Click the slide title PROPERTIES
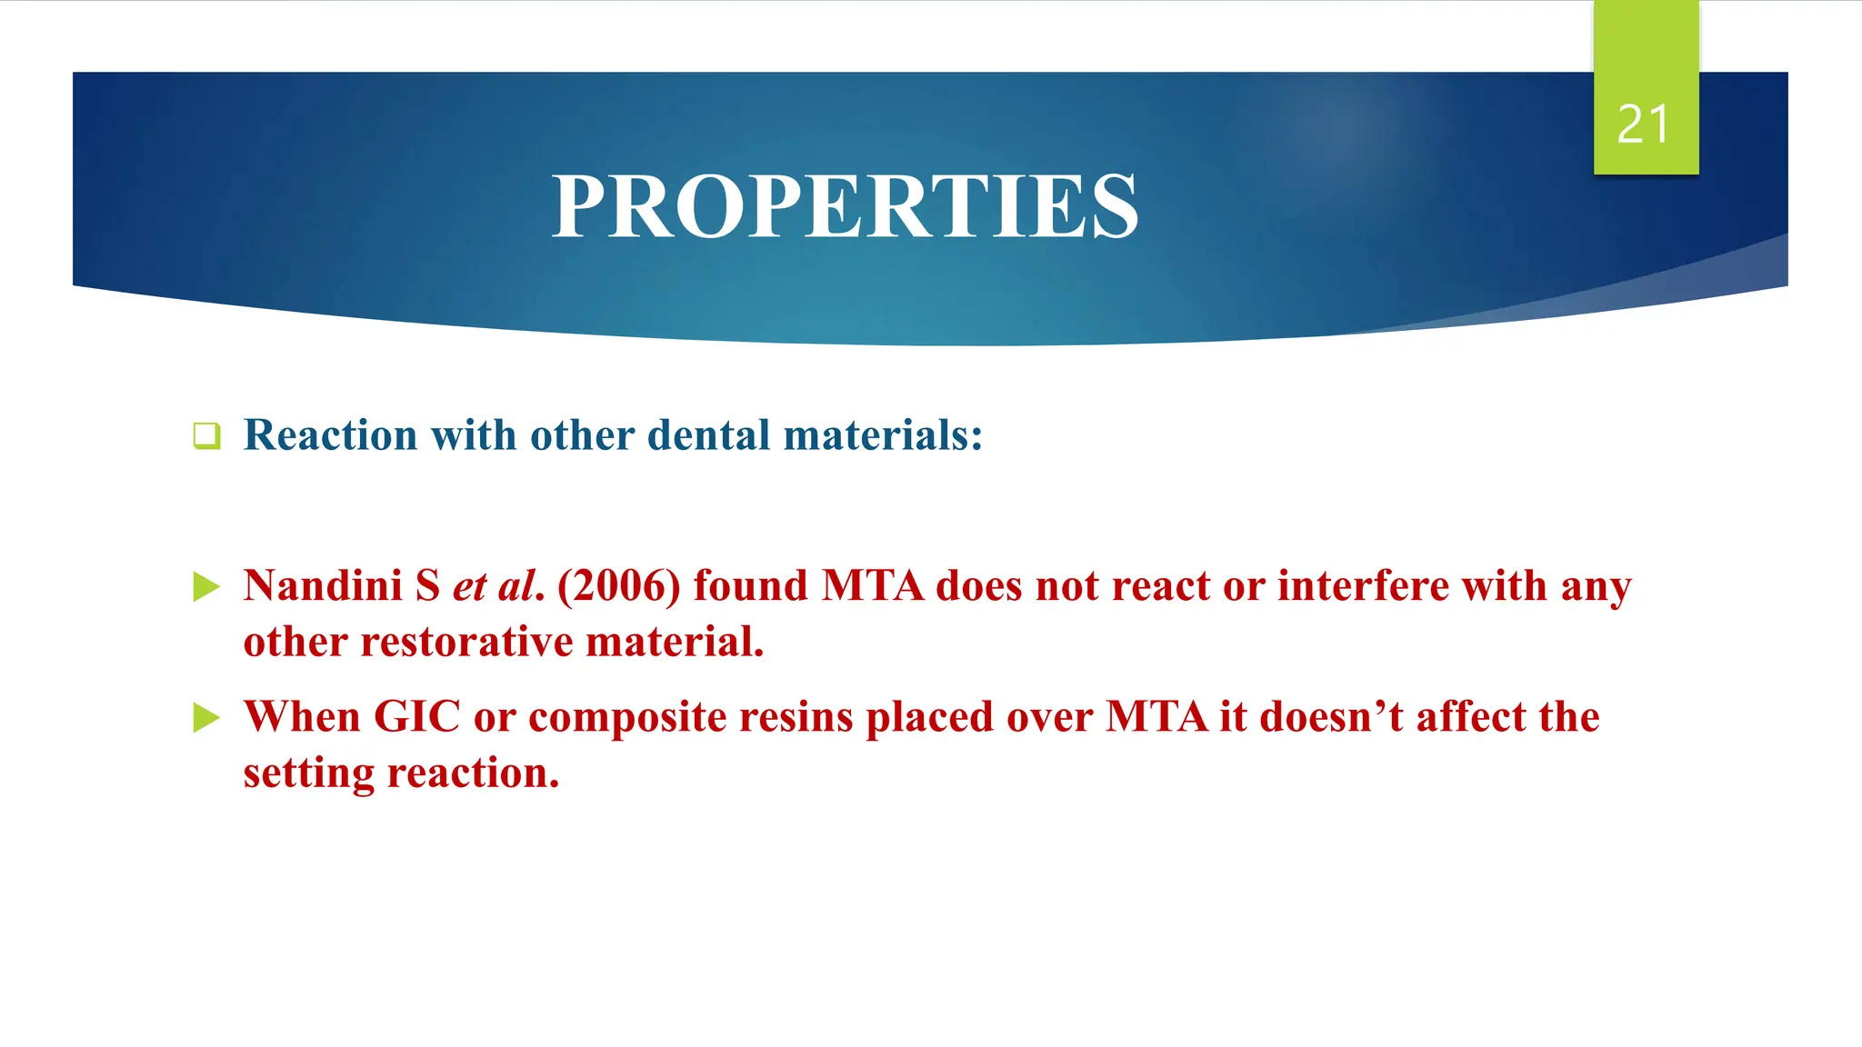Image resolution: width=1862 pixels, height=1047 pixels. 845,207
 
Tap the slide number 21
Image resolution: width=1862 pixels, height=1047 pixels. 1644,125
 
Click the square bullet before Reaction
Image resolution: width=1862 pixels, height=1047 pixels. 206,435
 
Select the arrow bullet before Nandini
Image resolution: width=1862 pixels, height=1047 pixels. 206,587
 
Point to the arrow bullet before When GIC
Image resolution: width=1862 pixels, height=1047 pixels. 206,718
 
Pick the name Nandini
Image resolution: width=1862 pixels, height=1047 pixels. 323,585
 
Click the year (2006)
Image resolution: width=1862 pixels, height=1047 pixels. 618,585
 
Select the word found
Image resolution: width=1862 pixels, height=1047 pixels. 750,585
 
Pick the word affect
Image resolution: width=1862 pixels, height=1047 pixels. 1470,716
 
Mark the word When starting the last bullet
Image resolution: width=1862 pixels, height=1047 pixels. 302,716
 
